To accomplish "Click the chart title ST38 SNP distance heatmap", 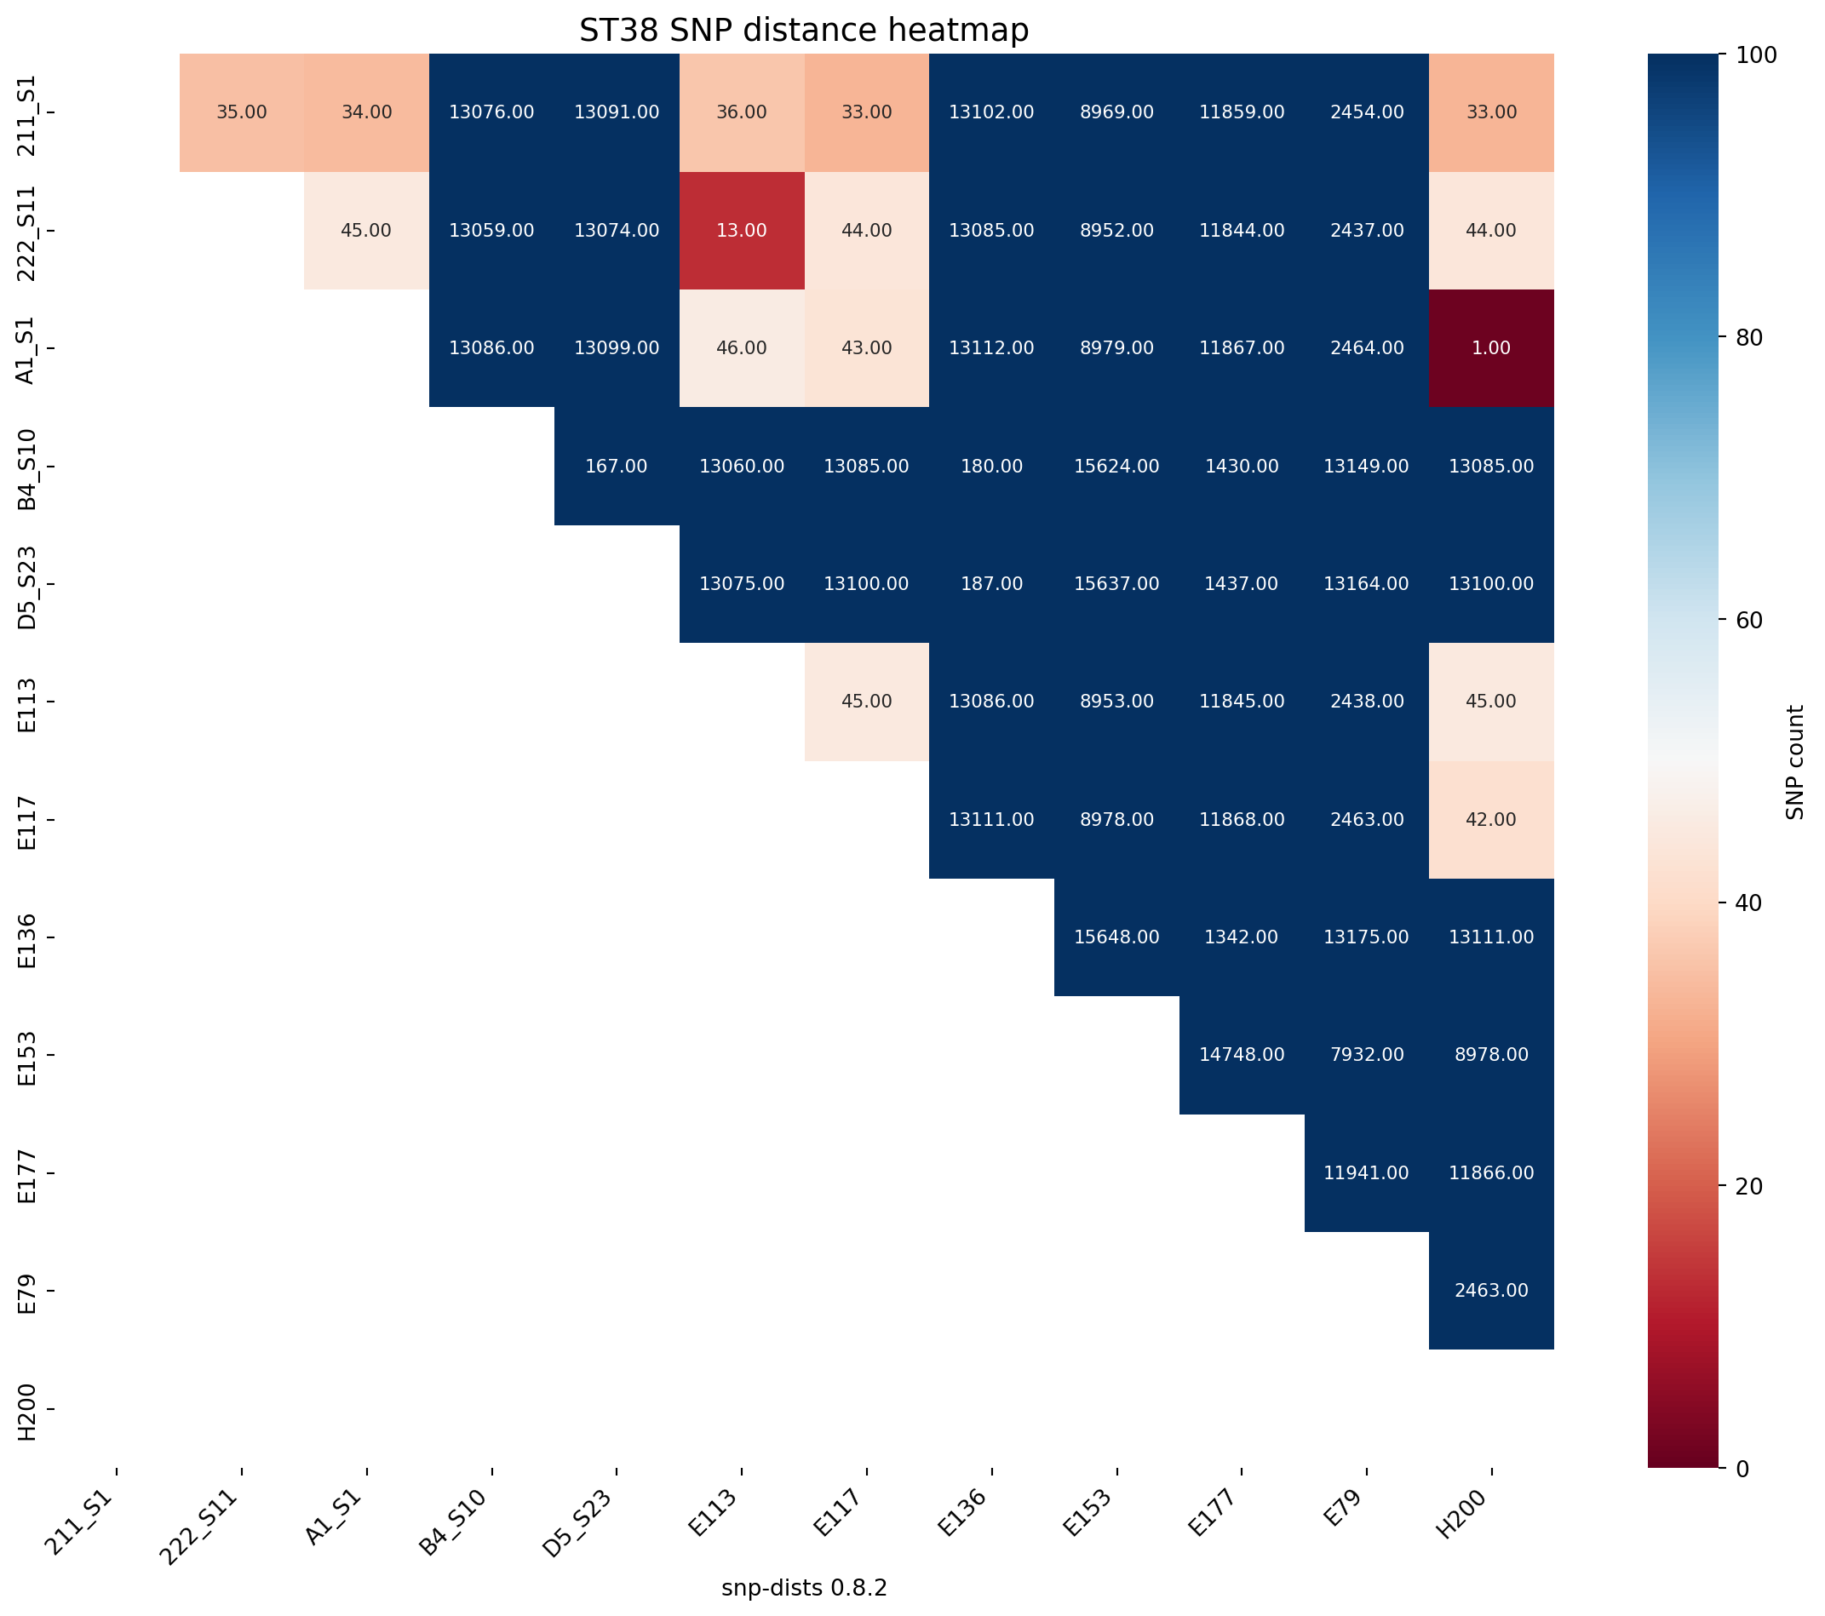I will [x=804, y=31].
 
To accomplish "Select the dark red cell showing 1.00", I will [x=1491, y=348].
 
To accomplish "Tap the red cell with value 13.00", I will [x=741, y=231].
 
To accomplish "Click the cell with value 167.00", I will [x=616, y=466].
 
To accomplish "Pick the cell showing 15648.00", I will [x=1116, y=937].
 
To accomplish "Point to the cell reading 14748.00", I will [x=1241, y=1054].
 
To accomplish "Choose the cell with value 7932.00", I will [x=1366, y=1054].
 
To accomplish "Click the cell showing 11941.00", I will [x=1366, y=1172].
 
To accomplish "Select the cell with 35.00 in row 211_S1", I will [x=242, y=112].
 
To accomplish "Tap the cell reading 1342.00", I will [x=1241, y=937].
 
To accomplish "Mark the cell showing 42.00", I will [x=1491, y=819].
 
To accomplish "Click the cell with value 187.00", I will [x=991, y=584].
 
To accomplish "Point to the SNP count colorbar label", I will [x=1794, y=761].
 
